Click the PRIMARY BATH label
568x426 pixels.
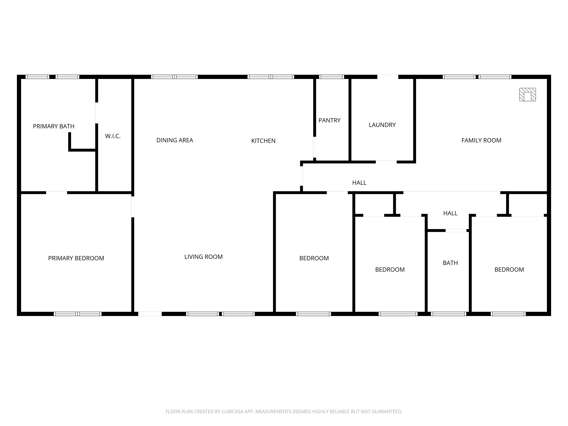54,126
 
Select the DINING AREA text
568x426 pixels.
175,140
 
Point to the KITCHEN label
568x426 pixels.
263,141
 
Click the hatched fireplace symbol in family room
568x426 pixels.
527,94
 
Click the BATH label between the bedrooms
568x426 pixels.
450,263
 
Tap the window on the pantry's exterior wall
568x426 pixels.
331,77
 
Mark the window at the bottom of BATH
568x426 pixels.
448,314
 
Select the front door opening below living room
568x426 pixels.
150,314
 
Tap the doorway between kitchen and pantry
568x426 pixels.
315,147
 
